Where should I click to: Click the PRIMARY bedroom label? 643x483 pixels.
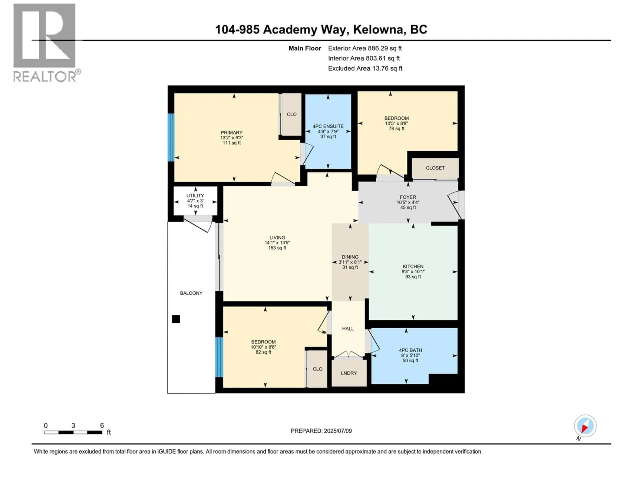pos(231,132)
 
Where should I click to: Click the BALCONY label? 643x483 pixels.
pos(191,293)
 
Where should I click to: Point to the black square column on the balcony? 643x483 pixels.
pos(176,319)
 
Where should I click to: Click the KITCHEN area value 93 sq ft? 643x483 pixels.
pos(413,277)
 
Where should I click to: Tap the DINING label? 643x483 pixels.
pos(350,257)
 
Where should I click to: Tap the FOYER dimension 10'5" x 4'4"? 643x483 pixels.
pos(408,202)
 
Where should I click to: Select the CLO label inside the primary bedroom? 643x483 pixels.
pos(292,114)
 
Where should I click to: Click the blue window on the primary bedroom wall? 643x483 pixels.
pos(171,137)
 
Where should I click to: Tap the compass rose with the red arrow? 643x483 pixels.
pos(585,426)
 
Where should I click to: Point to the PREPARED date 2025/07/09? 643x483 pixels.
pos(337,431)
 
